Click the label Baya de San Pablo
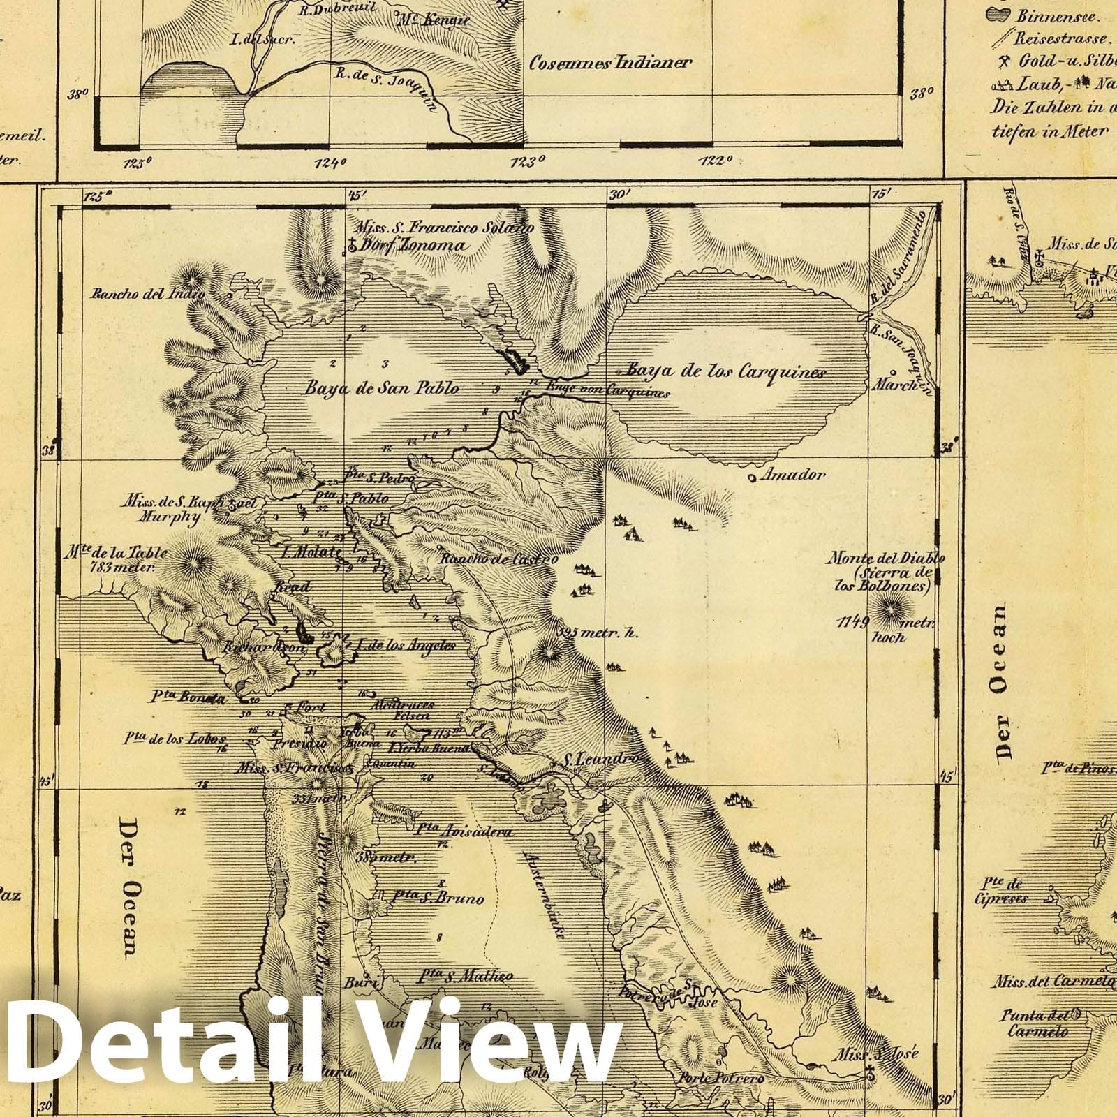click(x=380, y=387)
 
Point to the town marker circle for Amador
click(x=750, y=478)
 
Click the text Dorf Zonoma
click(x=413, y=245)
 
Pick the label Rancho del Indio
click(x=147, y=294)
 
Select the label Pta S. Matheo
click(x=466, y=976)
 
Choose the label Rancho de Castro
click(x=498, y=558)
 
